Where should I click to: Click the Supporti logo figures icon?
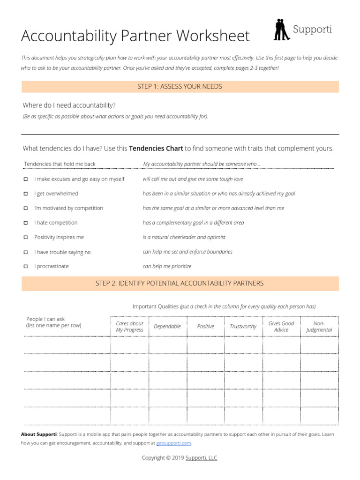281,30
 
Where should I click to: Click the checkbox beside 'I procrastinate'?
26,267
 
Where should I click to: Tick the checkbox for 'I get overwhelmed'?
26,194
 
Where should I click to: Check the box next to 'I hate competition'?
26,223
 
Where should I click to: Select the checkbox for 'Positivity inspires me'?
26,238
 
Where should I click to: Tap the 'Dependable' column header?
167,326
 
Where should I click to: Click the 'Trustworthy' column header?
243,326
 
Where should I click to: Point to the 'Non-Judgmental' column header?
319,326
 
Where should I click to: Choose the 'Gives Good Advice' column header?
281,326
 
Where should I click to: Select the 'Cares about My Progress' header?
130,326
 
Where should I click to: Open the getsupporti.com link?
173,443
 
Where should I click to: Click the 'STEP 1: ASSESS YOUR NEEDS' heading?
180,87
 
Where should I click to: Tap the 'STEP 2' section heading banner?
180,284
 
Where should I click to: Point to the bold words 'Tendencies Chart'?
156,149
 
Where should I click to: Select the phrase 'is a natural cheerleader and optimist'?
184,237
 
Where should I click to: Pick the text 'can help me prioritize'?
167,266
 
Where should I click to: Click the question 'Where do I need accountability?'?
69,105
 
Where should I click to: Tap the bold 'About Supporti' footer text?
39,435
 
